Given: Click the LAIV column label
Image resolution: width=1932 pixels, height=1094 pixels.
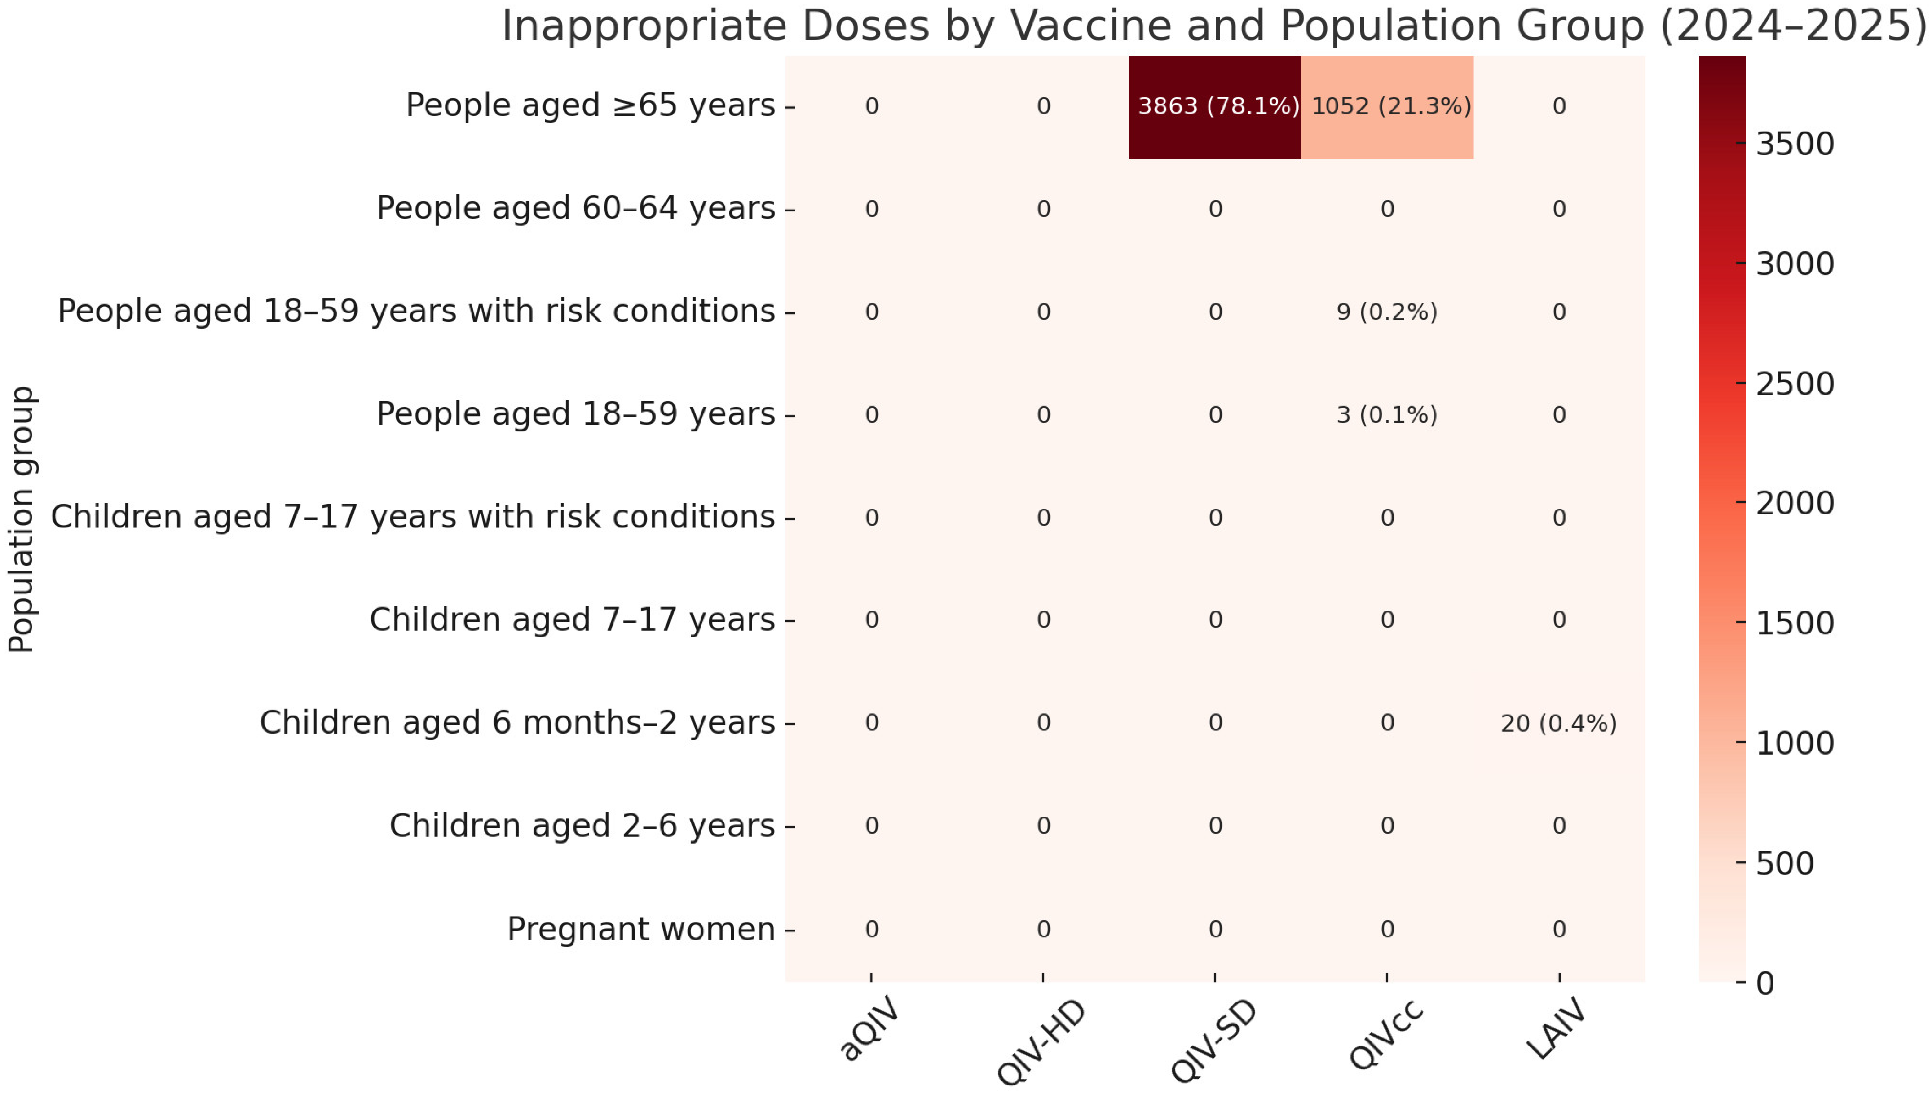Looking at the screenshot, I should (1557, 1029).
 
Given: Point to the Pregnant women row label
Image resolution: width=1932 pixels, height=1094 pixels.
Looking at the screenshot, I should (640, 929).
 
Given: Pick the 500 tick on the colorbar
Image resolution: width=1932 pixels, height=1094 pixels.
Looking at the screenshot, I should (1784, 863).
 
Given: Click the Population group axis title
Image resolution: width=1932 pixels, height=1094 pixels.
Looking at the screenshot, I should (21, 518).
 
